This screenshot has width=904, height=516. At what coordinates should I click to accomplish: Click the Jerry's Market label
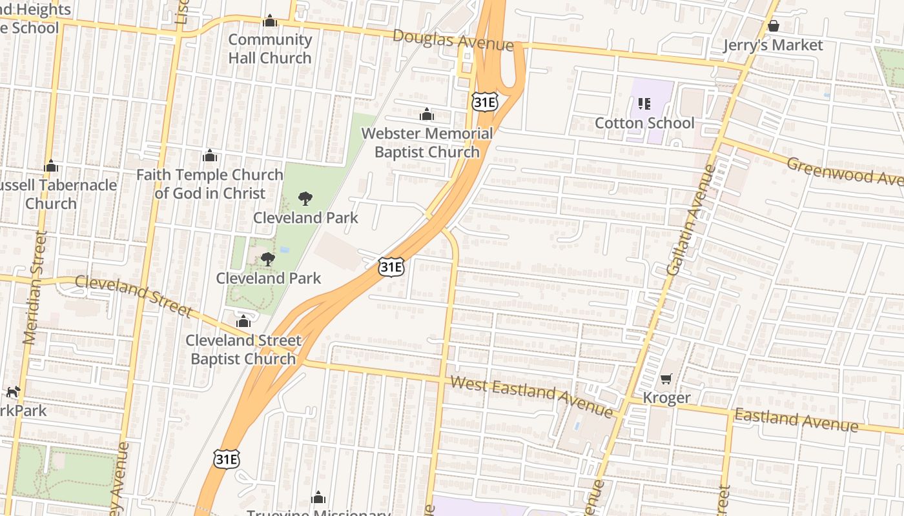click(x=773, y=45)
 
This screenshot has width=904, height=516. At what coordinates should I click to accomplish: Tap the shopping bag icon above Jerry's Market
click(x=773, y=26)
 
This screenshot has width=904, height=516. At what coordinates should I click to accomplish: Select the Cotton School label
click(x=644, y=123)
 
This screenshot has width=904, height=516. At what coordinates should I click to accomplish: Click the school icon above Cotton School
click(x=644, y=103)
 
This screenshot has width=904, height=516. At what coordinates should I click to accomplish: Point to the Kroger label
click(x=666, y=398)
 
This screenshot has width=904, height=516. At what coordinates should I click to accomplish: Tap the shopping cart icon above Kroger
click(x=666, y=379)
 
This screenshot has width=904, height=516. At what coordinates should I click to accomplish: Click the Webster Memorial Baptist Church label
click(x=427, y=143)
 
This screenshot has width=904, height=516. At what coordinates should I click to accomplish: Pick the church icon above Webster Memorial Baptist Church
click(x=427, y=115)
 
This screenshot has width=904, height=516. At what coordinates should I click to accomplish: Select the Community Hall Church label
click(x=270, y=48)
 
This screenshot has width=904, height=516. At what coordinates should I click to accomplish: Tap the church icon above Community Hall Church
click(x=270, y=21)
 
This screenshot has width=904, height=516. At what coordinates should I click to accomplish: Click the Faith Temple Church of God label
click(x=210, y=184)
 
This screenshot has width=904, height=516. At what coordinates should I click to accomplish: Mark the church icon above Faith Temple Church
click(x=209, y=155)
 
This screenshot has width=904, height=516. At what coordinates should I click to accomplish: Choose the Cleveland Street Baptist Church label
click(x=243, y=350)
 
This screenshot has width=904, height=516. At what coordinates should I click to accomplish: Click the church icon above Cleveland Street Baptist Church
click(x=243, y=321)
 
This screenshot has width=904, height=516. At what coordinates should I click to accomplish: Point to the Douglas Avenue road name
click(x=453, y=40)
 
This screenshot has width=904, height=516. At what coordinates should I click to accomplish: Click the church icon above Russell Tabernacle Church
click(x=51, y=166)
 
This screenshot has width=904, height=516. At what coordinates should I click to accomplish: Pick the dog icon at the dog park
click(x=14, y=392)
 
